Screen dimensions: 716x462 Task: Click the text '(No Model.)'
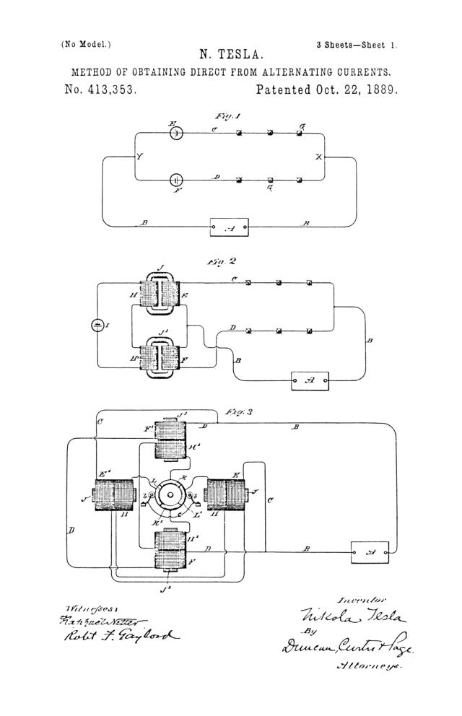[x=87, y=44]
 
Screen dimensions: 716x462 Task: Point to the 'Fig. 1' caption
[x=227, y=116]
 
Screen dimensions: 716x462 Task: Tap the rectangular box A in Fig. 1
[x=229, y=227]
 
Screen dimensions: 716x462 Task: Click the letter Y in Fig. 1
[x=139, y=157]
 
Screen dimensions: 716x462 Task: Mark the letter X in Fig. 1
[x=318, y=157]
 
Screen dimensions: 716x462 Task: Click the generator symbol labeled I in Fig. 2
[x=99, y=326]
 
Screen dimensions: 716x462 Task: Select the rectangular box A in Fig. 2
[x=310, y=380]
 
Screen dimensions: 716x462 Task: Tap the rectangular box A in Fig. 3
[x=369, y=552]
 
